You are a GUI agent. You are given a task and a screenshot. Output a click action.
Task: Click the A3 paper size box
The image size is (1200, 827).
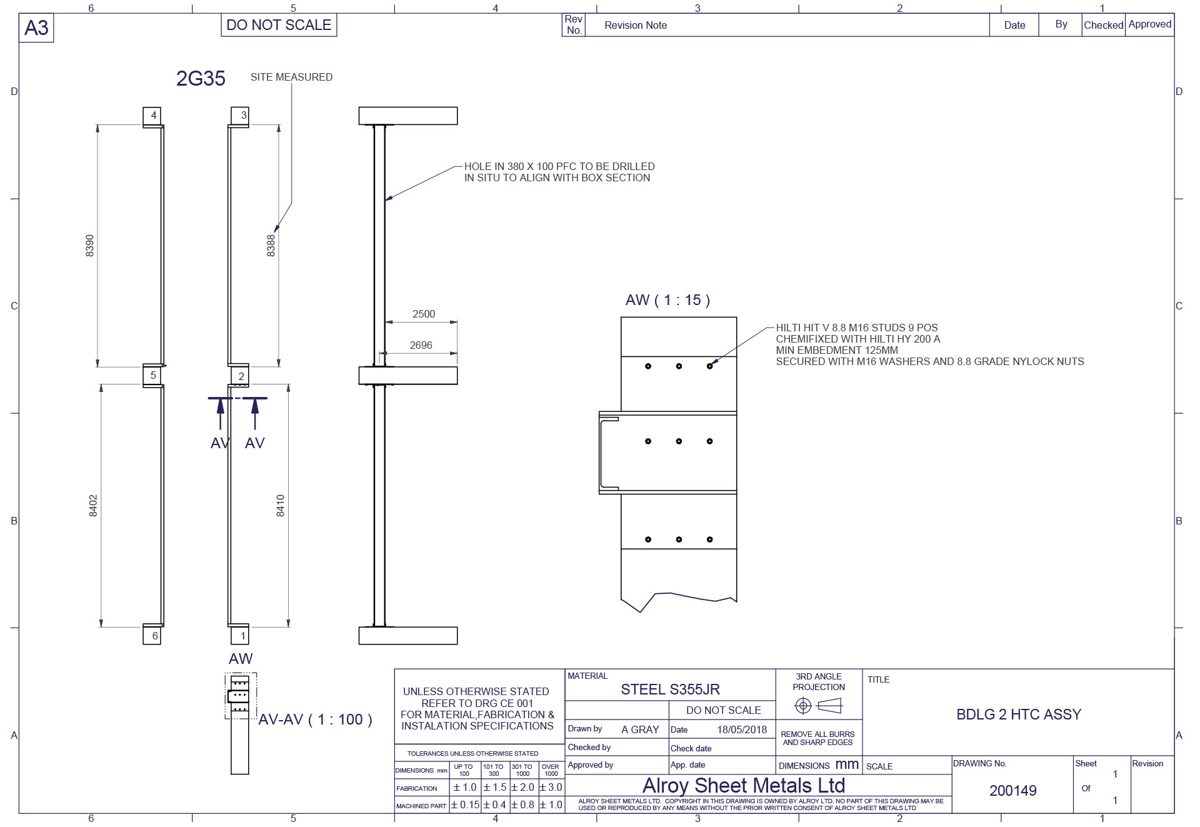click(36, 29)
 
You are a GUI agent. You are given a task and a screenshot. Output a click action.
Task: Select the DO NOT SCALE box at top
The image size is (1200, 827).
click(279, 25)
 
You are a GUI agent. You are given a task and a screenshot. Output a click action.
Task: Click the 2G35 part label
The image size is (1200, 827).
click(201, 78)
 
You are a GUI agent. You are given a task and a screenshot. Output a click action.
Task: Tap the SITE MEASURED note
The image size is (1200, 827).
click(291, 77)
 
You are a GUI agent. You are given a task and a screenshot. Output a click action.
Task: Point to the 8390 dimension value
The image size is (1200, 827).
click(90, 246)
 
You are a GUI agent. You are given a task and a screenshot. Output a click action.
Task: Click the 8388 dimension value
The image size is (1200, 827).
click(271, 246)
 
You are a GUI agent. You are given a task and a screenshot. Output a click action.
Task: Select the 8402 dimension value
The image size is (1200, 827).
click(93, 506)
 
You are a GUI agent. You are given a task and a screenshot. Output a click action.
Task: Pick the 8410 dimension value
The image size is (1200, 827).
click(281, 506)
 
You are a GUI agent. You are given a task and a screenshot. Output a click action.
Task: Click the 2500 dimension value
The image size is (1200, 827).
click(424, 314)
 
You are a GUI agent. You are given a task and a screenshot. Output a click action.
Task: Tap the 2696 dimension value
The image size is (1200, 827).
click(421, 345)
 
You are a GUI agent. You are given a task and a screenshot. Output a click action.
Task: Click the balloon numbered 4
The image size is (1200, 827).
click(152, 116)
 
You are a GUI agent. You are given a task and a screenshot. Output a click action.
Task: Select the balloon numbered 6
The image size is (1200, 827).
click(152, 636)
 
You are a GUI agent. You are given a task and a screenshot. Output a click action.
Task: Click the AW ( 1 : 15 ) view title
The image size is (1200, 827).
click(667, 300)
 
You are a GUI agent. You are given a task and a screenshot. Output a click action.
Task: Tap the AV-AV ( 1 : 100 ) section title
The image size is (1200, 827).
click(316, 719)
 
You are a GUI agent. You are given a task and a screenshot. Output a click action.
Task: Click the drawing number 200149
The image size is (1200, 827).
click(1013, 791)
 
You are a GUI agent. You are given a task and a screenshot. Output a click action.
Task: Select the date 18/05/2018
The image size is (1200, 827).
click(742, 729)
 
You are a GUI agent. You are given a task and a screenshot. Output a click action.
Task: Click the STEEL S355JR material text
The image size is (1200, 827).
click(670, 689)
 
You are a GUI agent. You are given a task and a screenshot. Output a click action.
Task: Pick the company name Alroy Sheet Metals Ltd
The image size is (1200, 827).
click(744, 785)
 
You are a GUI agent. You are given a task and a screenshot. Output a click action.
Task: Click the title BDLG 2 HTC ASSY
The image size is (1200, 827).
click(1019, 714)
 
